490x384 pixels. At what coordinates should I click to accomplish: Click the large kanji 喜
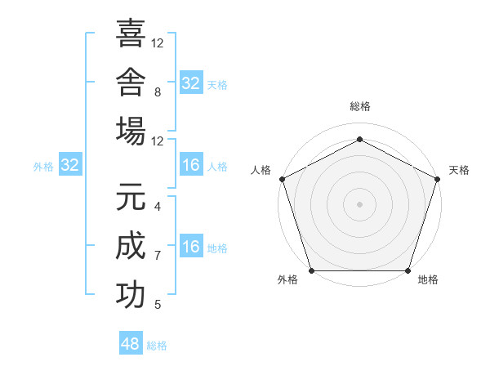click(x=131, y=33)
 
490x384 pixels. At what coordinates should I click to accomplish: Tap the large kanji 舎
click(x=131, y=82)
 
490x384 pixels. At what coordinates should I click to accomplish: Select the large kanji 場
click(x=131, y=131)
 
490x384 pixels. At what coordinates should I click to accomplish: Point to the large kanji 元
click(x=131, y=197)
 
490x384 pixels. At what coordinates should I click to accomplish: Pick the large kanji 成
click(x=131, y=245)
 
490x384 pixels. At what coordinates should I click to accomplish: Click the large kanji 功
click(x=131, y=295)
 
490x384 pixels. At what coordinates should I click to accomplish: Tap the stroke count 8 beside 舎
click(x=158, y=92)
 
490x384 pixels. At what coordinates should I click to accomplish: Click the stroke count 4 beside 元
click(x=158, y=207)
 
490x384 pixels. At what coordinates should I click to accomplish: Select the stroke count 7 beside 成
click(x=158, y=256)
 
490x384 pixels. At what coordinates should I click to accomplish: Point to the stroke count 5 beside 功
click(x=158, y=305)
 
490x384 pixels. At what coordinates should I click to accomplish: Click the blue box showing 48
click(x=131, y=342)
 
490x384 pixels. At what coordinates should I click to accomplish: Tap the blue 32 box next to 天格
click(x=191, y=83)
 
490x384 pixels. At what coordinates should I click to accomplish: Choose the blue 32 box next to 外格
click(x=70, y=164)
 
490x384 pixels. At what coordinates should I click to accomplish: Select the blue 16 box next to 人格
click(x=191, y=164)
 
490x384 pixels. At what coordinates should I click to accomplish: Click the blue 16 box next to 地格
click(x=191, y=245)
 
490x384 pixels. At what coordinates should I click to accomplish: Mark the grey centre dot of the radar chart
click(x=359, y=204)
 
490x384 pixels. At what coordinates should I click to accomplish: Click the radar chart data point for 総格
click(x=359, y=139)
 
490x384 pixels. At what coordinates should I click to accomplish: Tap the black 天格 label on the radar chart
click(x=459, y=170)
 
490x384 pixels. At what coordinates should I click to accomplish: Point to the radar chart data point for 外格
click(x=312, y=270)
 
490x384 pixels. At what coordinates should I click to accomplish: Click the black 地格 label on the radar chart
click(x=428, y=279)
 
